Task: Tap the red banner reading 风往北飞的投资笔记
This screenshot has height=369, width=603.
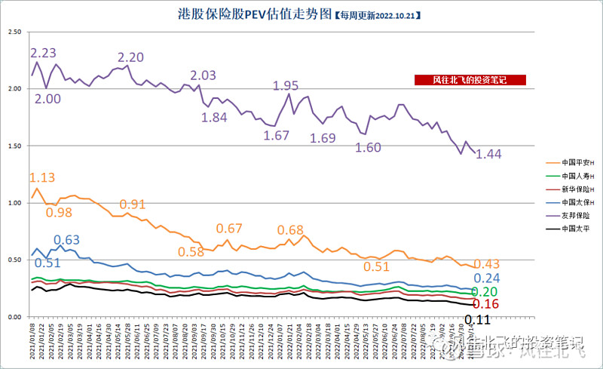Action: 470,80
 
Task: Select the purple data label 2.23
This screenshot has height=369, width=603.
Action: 42,53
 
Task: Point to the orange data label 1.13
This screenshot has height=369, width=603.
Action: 42,178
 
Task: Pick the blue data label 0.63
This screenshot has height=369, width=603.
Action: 67,241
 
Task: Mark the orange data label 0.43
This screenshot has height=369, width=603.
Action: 487,263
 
